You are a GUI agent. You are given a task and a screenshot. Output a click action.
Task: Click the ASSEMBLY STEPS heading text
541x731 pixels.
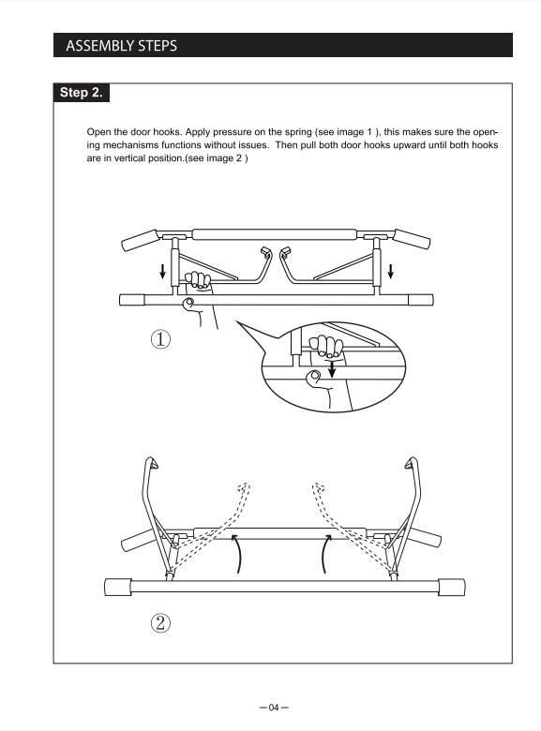pyautogui.click(x=121, y=46)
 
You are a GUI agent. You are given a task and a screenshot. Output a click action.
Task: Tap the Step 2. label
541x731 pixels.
pyautogui.click(x=82, y=92)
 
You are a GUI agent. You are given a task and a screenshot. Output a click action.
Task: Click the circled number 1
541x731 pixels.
pyautogui.click(x=160, y=339)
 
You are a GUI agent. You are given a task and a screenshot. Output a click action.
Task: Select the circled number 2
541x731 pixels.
pyautogui.click(x=160, y=623)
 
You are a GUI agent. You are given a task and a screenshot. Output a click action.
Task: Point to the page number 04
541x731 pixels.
pyautogui.click(x=274, y=708)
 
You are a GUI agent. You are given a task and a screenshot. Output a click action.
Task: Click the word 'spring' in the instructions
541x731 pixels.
pyautogui.click(x=298, y=132)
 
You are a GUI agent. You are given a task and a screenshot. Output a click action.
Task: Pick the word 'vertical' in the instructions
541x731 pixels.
pyautogui.click(x=129, y=158)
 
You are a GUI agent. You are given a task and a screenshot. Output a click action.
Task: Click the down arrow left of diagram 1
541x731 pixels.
pyautogui.click(x=162, y=271)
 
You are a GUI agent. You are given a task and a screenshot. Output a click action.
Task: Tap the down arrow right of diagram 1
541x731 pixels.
pyautogui.click(x=391, y=271)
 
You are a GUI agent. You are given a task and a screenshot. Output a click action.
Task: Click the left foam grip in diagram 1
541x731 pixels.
pyautogui.click(x=140, y=240)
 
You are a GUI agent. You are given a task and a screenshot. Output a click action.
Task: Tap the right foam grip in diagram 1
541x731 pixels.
pyautogui.click(x=413, y=239)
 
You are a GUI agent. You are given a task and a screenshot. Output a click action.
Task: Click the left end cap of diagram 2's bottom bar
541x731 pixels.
pyautogui.click(x=117, y=587)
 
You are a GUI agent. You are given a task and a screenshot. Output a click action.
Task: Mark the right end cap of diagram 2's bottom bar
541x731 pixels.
pyautogui.click(x=451, y=587)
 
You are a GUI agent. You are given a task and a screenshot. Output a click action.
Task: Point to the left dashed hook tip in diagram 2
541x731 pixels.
pyautogui.click(x=244, y=488)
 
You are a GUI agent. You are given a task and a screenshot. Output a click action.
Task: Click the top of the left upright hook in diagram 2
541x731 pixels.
pyautogui.click(x=152, y=462)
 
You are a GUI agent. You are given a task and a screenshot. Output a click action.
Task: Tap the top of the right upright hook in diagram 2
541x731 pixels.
pyautogui.click(x=411, y=462)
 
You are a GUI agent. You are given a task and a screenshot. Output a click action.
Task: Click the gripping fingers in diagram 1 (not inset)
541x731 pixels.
pyautogui.click(x=198, y=280)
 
